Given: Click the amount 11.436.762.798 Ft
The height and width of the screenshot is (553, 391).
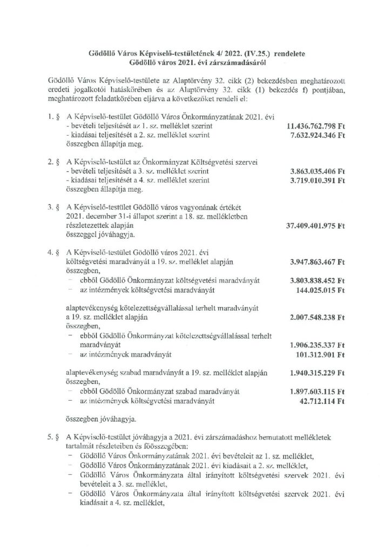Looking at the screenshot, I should tap(311, 126).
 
